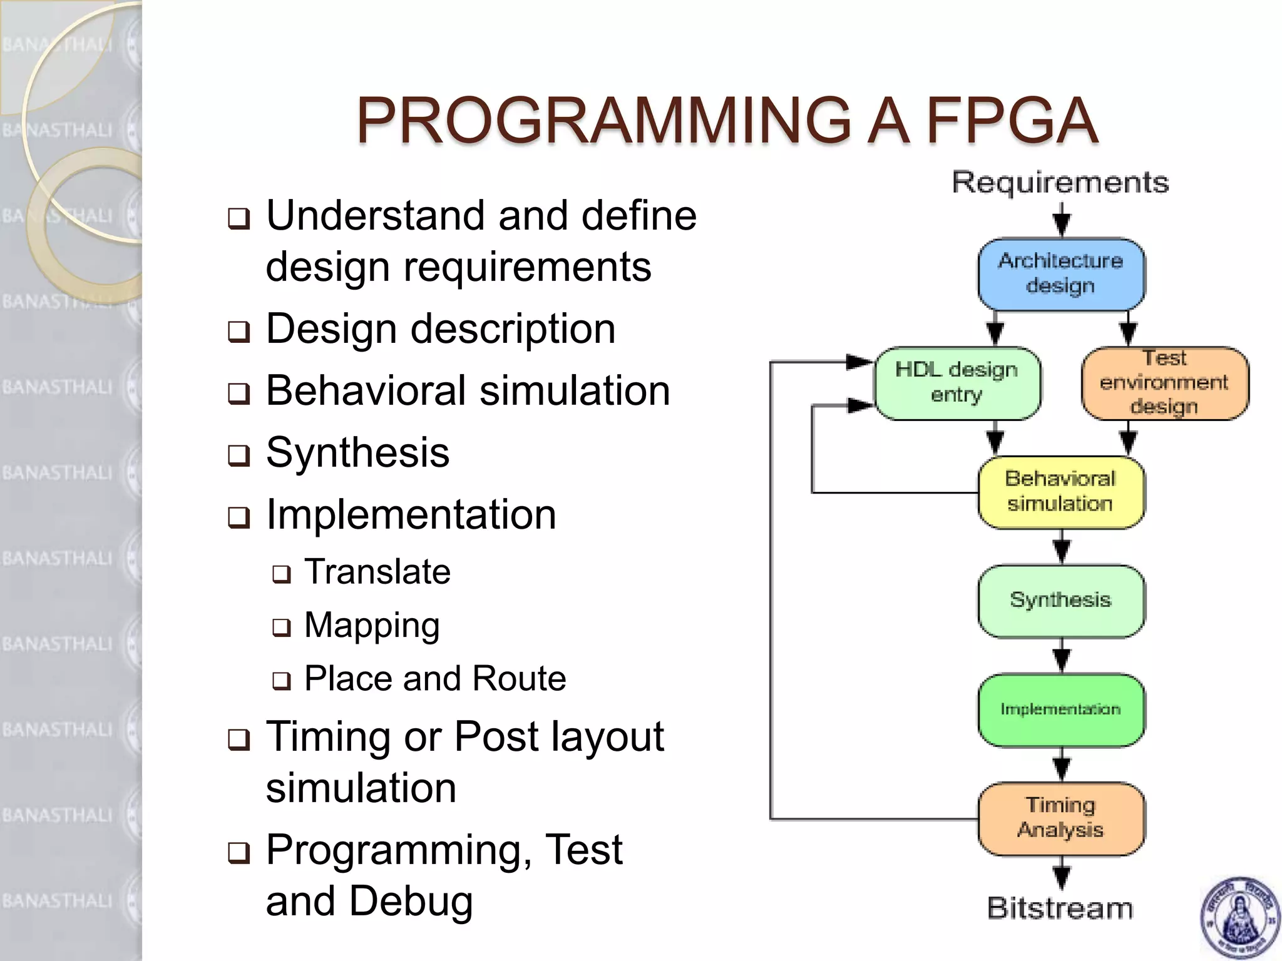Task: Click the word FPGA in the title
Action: click(1012, 121)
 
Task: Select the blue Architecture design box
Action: click(1061, 274)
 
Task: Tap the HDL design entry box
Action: click(957, 383)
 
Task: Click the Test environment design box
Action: click(1164, 383)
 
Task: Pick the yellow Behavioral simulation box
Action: click(1061, 492)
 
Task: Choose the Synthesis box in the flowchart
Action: click(1061, 601)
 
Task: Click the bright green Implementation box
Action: click(1061, 709)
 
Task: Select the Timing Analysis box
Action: click(1061, 818)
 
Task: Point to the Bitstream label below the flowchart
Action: click(1060, 908)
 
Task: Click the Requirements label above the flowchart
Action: click(1060, 183)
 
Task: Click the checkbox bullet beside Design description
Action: click(238, 331)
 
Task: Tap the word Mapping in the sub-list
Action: click(372, 626)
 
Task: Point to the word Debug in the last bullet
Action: click(410, 902)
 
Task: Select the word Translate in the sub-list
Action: click(377, 572)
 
